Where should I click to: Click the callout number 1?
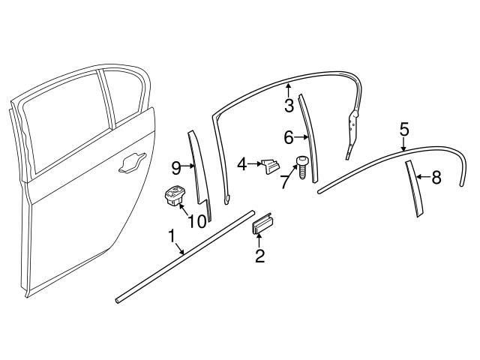tap(172, 237)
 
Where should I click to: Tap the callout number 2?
tap(260, 257)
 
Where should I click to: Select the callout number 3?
tap(289, 106)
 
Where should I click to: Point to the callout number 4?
tap(242, 163)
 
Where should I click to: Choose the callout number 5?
tap(403, 129)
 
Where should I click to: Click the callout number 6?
tap(289, 137)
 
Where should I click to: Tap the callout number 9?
tap(176, 166)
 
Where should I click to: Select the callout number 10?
tap(196, 221)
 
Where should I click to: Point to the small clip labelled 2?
tap(261, 223)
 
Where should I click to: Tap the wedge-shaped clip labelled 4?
tap(269, 166)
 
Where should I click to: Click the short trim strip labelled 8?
tap(414, 187)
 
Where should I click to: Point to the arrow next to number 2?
tap(259, 241)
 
